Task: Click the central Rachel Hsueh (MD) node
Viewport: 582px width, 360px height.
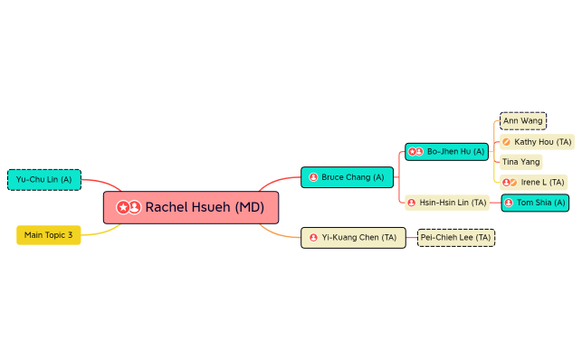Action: [191, 207]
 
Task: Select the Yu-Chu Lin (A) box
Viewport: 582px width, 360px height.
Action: [44, 180]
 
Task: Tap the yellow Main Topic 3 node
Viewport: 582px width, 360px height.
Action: [49, 235]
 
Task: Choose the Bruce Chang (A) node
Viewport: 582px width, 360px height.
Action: [348, 177]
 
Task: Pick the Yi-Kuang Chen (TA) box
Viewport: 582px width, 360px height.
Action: [353, 238]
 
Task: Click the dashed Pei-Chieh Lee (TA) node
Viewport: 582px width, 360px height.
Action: [456, 238]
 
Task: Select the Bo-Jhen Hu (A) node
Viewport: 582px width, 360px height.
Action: [446, 152]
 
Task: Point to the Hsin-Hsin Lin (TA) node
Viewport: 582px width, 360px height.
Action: [446, 203]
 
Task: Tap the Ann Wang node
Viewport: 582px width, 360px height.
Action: [523, 120]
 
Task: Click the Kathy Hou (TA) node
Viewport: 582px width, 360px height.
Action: [537, 142]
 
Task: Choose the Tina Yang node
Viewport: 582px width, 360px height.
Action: [521, 162]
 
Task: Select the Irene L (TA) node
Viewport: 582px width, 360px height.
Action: [534, 183]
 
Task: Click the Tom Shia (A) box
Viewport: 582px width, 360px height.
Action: [535, 203]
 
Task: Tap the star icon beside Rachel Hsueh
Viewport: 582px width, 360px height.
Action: [123, 208]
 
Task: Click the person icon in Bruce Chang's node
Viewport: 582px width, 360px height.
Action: [313, 177]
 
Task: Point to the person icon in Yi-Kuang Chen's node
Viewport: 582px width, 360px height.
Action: [313, 238]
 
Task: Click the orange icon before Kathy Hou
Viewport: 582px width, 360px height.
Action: [507, 142]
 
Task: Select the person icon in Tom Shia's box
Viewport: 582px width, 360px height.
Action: [509, 203]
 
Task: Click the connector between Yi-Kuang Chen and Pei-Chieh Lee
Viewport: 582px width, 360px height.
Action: [411, 238]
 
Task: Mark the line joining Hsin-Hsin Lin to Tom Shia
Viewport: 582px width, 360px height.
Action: [495, 203]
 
